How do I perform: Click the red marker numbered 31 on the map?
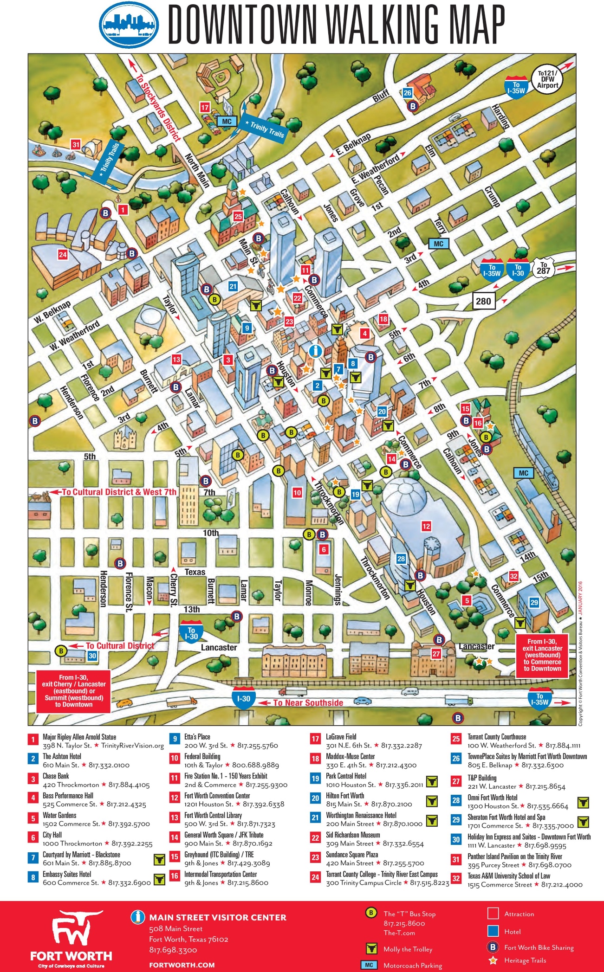(76, 144)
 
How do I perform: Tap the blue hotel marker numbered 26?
(407, 93)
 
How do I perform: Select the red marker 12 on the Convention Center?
(426, 526)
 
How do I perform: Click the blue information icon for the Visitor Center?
(316, 351)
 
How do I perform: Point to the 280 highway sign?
(483, 301)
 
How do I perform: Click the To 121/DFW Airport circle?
(548, 79)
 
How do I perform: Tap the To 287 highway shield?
(543, 268)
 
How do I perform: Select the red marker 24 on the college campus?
(63, 254)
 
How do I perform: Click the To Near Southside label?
(308, 702)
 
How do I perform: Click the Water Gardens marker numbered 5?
(467, 600)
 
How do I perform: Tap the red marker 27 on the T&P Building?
(436, 653)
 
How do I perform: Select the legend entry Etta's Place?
(197, 737)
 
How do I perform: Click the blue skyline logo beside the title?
(130, 25)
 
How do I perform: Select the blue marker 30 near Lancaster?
(92, 656)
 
